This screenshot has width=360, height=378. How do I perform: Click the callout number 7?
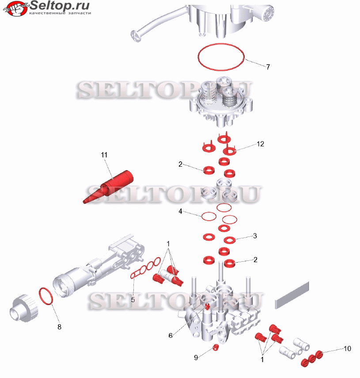pyautogui.click(x=268, y=67)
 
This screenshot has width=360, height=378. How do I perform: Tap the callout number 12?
pyautogui.click(x=260, y=144)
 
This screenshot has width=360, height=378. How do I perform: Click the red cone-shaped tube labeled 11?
pyautogui.click(x=108, y=187)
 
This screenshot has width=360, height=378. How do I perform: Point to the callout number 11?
pyautogui.click(x=104, y=155)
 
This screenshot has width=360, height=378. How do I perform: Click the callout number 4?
pyautogui.click(x=180, y=211)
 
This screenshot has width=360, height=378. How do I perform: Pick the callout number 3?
pyautogui.click(x=255, y=236)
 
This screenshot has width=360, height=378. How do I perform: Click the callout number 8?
pyautogui.click(x=59, y=327)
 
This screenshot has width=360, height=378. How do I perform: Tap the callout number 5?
pyautogui.click(x=133, y=300)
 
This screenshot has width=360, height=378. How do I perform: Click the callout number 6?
pyautogui.click(x=171, y=336)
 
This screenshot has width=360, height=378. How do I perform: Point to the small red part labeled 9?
pyautogui.click(x=216, y=347)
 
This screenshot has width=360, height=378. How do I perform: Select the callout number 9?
pyautogui.click(x=196, y=358)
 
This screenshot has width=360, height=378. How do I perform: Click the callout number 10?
pyautogui.click(x=347, y=348)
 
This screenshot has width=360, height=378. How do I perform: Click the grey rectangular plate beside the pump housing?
pyautogui.click(x=292, y=295)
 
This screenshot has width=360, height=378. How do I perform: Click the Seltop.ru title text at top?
pyautogui.click(x=60, y=5)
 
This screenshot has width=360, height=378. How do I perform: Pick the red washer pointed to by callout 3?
pyautogui.click(x=229, y=241)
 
